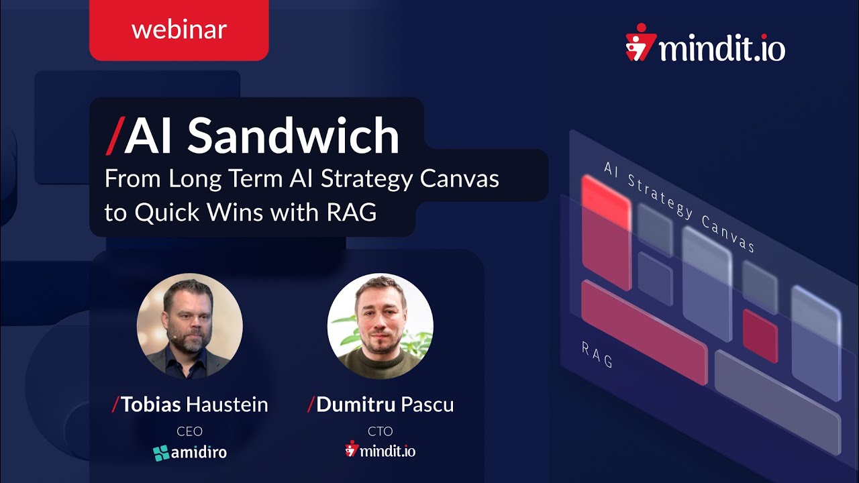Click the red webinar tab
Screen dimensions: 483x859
[x=179, y=30]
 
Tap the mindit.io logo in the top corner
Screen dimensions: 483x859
[x=705, y=45]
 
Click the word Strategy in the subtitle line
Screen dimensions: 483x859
[x=362, y=179]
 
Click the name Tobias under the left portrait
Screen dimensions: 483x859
[x=151, y=405]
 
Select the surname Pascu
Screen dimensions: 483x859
[x=427, y=405]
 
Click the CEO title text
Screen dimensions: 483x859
[x=189, y=431]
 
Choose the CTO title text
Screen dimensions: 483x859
[x=380, y=431]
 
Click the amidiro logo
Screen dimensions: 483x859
[x=189, y=453]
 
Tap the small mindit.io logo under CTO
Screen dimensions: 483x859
[x=380, y=450]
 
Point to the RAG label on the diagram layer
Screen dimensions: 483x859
[x=597, y=354]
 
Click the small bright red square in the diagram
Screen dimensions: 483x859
[x=760, y=335]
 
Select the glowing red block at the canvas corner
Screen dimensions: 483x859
[x=606, y=201]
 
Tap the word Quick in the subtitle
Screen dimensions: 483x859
[x=164, y=211]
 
